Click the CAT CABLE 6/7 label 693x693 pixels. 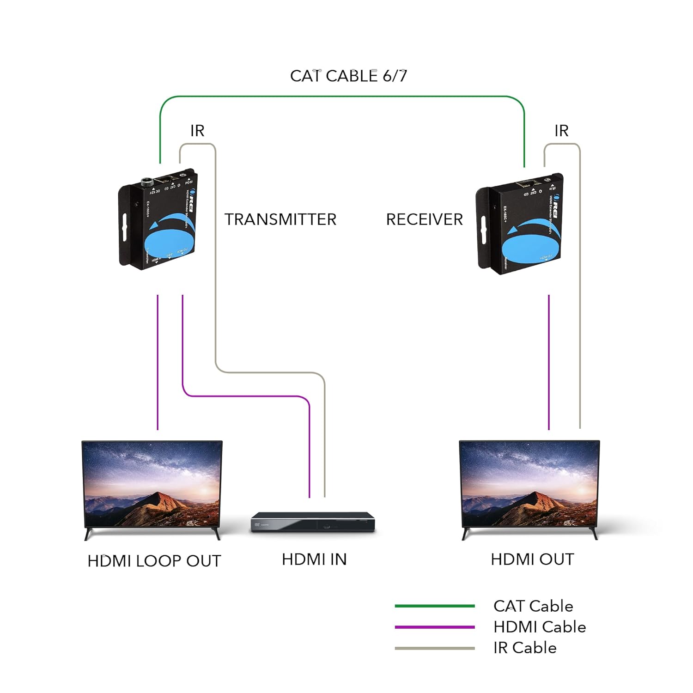coord(348,76)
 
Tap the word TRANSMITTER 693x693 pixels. coord(280,219)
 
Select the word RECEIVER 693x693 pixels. coord(424,219)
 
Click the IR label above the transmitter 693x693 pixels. coord(197,131)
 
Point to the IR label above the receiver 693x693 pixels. coord(561,131)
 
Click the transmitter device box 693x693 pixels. coord(158,219)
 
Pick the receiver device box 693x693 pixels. coord(520,224)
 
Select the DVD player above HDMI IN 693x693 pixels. coord(313,523)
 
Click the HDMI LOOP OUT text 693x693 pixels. coord(154,561)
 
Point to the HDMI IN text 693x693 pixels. coord(314,559)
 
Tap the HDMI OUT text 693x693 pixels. coord(532,559)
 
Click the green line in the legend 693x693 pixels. coord(434,606)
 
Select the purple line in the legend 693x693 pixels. coord(434,627)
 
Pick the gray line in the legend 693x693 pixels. coord(434,648)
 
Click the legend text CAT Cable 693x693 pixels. coord(533,606)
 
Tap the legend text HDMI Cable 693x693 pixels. coord(540,627)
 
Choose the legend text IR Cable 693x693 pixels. coord(525,648)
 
